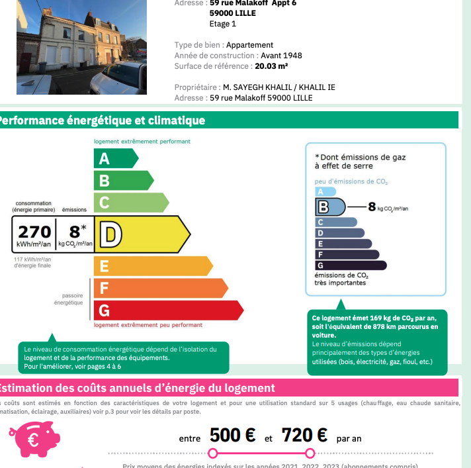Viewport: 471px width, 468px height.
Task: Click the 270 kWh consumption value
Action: pos(34,232)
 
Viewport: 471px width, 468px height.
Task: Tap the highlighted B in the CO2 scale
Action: pos(331,207)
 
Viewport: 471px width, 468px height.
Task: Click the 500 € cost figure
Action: pos(233,435)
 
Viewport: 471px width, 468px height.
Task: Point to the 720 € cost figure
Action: pos(304,435)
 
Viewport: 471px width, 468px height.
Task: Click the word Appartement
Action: pos(250,45)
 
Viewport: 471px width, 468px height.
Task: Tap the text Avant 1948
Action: pos(281,56)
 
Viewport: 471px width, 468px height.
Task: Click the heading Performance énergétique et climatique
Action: pos(103,120)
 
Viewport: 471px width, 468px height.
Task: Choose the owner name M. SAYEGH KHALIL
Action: pos(259,87)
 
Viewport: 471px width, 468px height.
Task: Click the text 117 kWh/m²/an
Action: pos(32,259)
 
